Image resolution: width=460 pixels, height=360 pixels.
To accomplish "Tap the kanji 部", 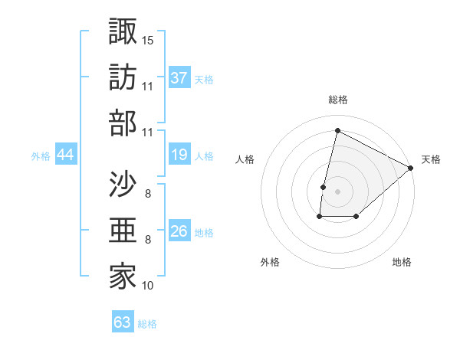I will (x=123, y=122).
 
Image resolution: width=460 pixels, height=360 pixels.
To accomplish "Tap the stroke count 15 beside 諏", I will (x=149, y=38).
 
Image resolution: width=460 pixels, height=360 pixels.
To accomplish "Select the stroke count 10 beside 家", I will (x=149, y=286).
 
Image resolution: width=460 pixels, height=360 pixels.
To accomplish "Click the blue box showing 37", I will (x=179, y=77).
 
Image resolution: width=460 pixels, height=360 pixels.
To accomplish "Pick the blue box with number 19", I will (x=179, y=155).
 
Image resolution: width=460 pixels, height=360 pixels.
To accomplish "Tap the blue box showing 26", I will (x=179, y=231).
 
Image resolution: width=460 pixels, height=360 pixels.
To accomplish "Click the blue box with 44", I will (x=65, y=155).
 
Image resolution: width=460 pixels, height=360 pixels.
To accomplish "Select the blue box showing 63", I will (x=123, y=322).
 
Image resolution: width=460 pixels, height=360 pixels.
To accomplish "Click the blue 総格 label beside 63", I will (x=147, y=324).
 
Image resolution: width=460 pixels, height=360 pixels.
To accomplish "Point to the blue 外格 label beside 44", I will (x=41, y=156).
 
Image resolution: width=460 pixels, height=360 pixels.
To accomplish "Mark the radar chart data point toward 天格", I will (x=411, y=168).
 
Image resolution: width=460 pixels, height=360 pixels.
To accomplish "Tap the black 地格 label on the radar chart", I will (x=402, y=263).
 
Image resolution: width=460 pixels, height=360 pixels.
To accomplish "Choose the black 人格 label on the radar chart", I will (x=245, y=159).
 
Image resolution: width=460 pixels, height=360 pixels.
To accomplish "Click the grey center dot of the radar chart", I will (x=337, y=191).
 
